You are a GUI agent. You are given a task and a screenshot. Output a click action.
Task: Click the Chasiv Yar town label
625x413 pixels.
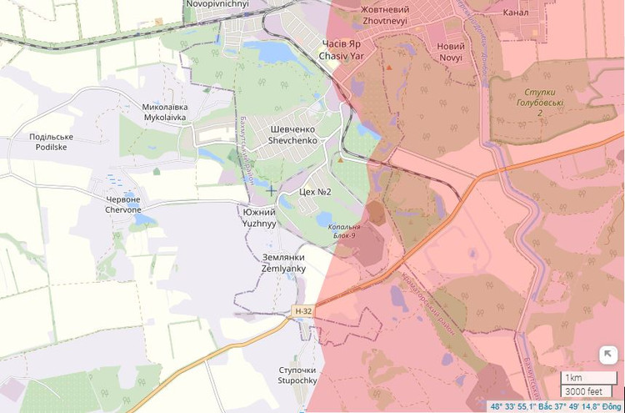(x=342, y=49)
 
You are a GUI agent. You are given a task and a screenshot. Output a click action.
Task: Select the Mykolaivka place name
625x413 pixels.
(x=165, y=113)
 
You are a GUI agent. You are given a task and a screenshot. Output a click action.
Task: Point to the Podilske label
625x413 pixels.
(x=51, y=141)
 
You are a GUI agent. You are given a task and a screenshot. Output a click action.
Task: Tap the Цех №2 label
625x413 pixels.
(x=315, y=192)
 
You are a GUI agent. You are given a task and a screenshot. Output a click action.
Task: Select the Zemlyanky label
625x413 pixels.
(x=283, y=263)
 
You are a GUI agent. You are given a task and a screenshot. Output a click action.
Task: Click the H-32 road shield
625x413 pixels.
(x=303, y=311)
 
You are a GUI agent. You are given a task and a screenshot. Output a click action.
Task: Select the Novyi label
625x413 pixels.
(x=455, y=50)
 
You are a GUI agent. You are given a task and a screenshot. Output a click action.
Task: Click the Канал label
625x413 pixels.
(x=516, y=13)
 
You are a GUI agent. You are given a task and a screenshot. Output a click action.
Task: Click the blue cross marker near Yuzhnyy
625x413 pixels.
(x=271, y=190)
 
